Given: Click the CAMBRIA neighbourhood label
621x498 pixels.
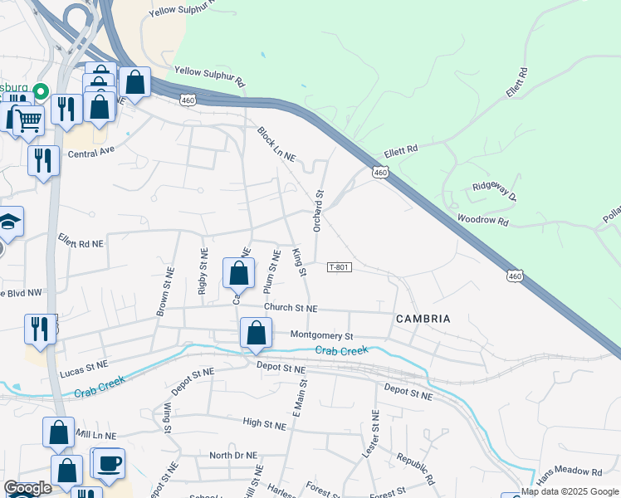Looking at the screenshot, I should click(x=423, y=319).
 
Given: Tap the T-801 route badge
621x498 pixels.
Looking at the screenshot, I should click(x=340, y=267).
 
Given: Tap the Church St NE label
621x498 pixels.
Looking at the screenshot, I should click(x=291, y=307).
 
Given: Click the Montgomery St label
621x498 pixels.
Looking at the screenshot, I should click(x=322, y=335).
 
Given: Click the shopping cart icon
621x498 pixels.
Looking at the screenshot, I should click(x=28, y=121).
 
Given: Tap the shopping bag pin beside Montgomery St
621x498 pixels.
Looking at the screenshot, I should click(x=256, y=333).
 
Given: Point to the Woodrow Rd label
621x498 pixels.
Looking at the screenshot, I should click(x=482, y=221).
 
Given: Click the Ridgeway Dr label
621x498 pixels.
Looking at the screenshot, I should click(x=495, y=193).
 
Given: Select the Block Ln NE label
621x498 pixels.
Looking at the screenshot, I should click(x=276, y=144).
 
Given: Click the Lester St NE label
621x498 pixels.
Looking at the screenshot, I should click(x=374, y=435).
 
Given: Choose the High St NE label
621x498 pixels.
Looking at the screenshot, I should click(x=264, y=423).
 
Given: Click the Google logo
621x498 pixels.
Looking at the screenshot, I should click(x=28, y=489).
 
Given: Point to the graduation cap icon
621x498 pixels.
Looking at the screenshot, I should click(x=8, y=222).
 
